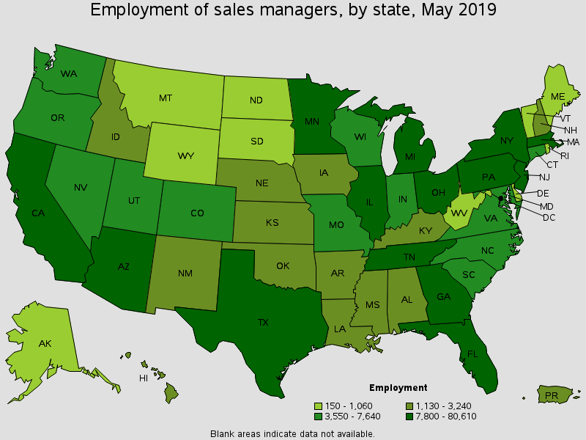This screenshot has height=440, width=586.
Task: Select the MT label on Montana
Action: click(x=166, y=97)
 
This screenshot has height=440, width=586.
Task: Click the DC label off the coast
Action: click(x=549, y=218)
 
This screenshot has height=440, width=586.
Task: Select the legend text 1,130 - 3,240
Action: click(x=445, y=406)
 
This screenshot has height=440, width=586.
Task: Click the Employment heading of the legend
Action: click(x=398, y=387)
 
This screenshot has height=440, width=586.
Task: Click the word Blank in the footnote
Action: click(x=222, y=433)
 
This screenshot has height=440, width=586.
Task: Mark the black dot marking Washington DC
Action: click(x=500, y=198)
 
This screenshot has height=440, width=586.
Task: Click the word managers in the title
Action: click(x=278, y=10)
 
